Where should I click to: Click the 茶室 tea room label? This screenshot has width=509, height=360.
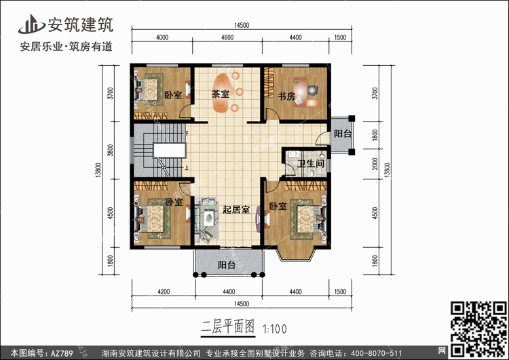[221, 94]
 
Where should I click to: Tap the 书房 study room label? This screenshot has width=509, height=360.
[286, 96]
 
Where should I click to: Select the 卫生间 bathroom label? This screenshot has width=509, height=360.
[311, 163]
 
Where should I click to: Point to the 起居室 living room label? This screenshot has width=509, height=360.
[236, 210]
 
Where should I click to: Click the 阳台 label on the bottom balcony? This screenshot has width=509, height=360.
[227, 265]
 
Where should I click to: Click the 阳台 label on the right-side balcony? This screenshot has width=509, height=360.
[343, 134]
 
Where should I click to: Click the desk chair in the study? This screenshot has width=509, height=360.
[312, 90]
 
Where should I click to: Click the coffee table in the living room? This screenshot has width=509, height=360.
[209, 217]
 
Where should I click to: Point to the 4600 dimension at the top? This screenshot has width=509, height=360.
[227, 37]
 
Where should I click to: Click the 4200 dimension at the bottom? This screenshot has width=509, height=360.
[164, 292]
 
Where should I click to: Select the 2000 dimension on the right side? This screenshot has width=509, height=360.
[375, 164]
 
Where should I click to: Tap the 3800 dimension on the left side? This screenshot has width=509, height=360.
[111, 150]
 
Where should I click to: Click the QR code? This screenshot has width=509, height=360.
[479, 329]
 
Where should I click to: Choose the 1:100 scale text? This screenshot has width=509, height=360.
[274, 329]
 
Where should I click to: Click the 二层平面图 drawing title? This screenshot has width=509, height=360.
[228, 327]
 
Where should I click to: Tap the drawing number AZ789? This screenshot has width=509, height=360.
[62, 353]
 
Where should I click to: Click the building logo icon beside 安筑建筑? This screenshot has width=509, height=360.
[31, 24]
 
